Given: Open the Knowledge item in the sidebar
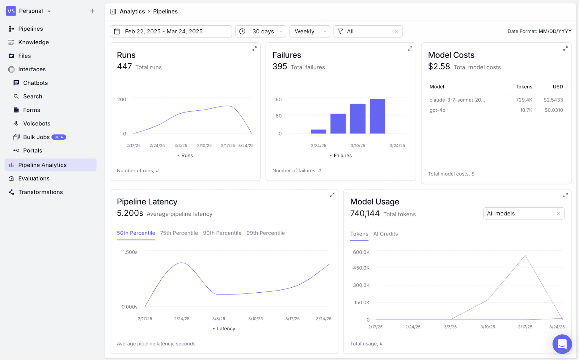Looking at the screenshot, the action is point(33,42).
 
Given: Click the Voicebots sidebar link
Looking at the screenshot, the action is point(37,123).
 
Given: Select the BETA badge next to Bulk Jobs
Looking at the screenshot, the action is point(59,137).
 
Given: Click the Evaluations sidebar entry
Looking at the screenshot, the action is point(34,178).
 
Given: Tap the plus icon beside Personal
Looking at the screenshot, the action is point(92,11).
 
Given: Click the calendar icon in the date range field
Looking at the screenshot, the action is point(117,31).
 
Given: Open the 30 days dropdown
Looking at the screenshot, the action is point(261,31).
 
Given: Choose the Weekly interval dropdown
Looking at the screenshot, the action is point(310,31).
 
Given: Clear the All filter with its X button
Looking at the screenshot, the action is point(397,31).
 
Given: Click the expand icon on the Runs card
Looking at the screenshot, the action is point(255,48).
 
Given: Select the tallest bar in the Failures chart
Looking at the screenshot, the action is point(377,116).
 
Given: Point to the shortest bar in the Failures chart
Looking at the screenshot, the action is point(318,132).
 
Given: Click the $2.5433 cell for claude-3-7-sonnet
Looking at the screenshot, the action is point(553,100).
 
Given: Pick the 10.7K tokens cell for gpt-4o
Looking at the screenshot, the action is point(526,110).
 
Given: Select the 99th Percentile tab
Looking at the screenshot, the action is point(266,233).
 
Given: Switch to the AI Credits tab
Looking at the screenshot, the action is point(385,234).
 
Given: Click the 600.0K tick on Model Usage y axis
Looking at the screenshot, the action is point(361,252).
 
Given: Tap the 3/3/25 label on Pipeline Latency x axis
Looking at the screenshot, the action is point(219,319).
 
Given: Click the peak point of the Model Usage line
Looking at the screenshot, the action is point(525,255).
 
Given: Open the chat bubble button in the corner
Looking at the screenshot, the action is point(562,344).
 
